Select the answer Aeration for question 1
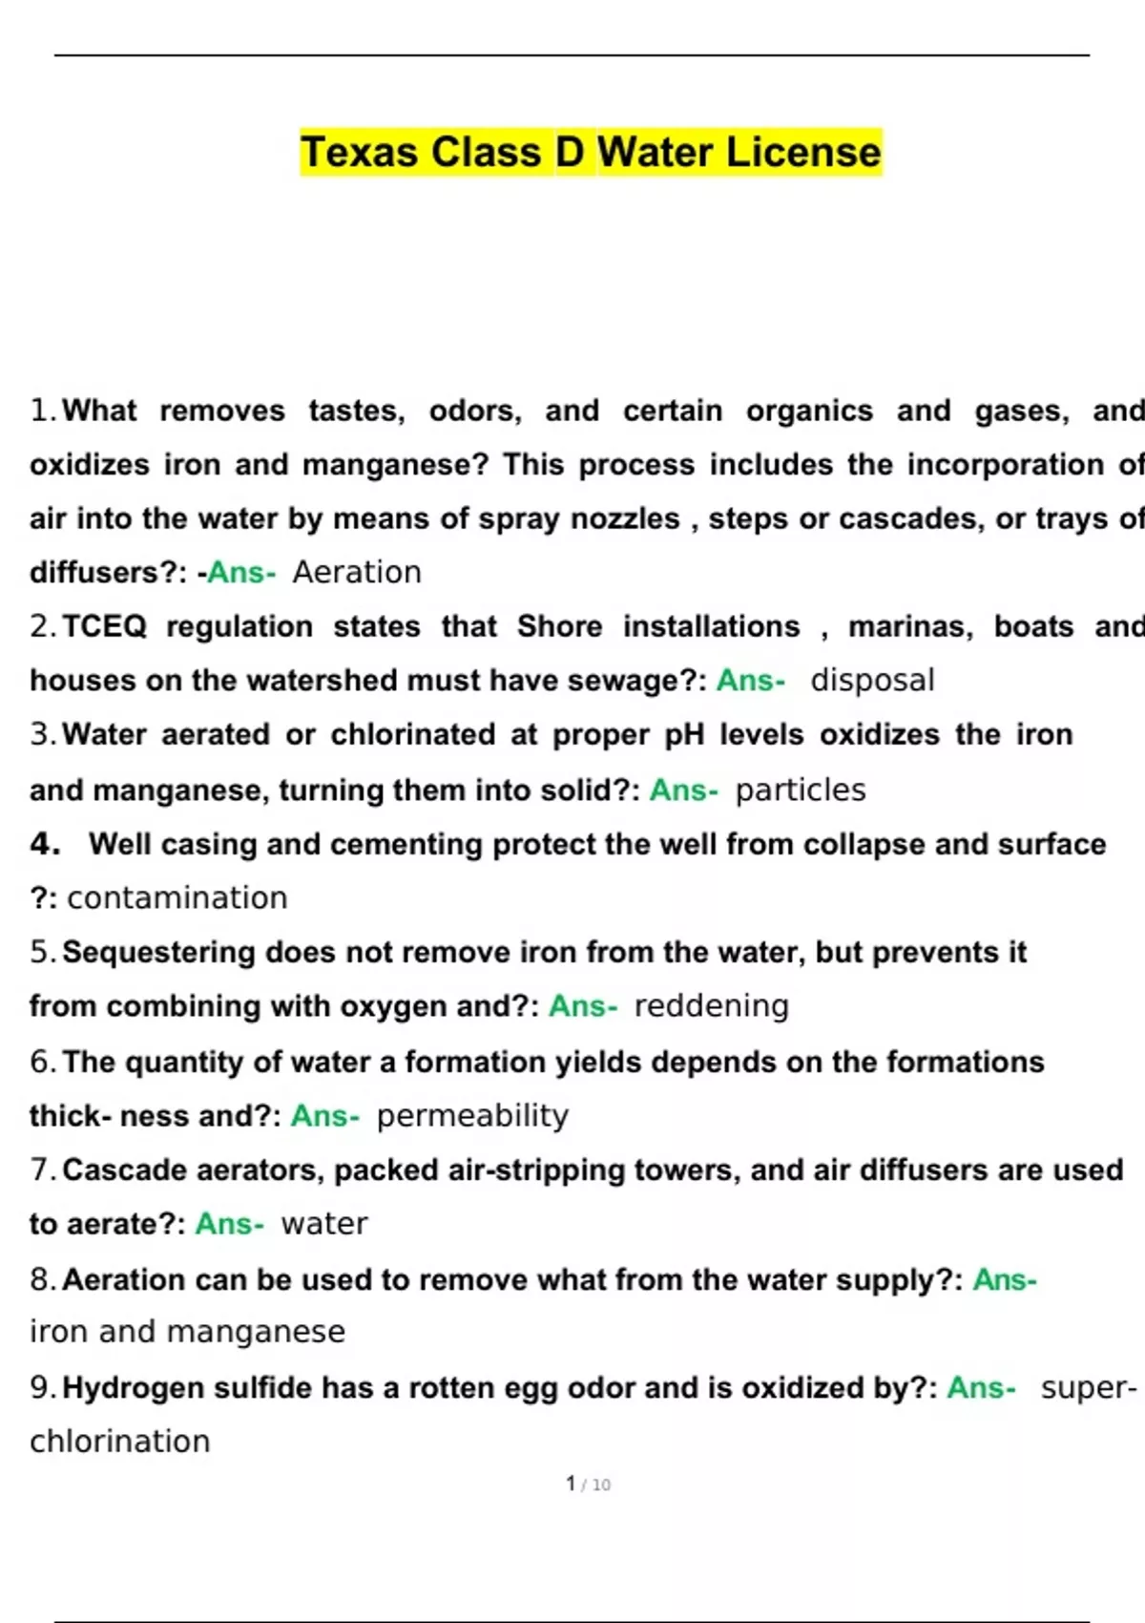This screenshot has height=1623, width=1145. (357, 572)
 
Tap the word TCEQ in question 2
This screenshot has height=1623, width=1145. (104, 626)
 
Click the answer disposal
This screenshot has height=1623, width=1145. (872, 680)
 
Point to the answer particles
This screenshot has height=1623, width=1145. (801, 790)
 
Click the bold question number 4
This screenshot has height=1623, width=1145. (45, 844)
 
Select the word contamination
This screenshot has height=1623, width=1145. (177, 897)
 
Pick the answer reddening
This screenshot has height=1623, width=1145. (711, 1005)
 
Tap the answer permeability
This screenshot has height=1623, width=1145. (472, 1115)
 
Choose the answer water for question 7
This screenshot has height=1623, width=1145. (323, 1223)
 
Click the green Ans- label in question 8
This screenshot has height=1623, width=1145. (1004, 1279)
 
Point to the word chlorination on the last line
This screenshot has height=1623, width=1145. (120, 1441)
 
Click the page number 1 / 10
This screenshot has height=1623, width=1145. (588, 1484)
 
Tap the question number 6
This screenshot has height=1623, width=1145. (42, 1062)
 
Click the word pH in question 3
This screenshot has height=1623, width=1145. (684, 734)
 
